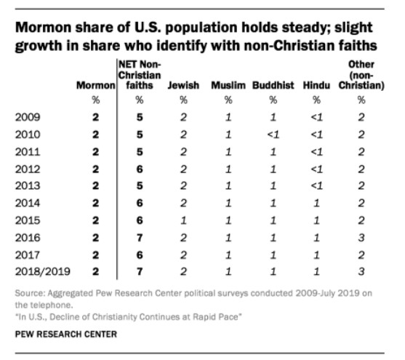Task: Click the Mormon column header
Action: pyautogui.click(x=95, y=85)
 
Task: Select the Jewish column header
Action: pyautogui.click(x=183, y=85)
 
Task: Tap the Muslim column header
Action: pyautogui.click(x=228, y=85)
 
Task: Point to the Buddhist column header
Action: pyautogui.click(x=273, y=85)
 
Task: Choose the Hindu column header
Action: pyautogui.click(x=316, y=85)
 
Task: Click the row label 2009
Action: pyautogui.click(x=28, y=117)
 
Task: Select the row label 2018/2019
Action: pyautogui.click(x=43, y=271)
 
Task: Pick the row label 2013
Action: pyautogui.click(x=28, y=185)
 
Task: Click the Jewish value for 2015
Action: pyautogui.click(x=183, y=220)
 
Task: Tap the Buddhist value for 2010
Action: pyautogui.click(x=273, y=135)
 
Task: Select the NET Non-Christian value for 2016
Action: pyautogui.click(x=140, y=238)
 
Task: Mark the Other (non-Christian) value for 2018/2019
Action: pyautogui.click(x=361, y=271)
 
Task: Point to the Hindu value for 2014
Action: pyautogui.click(x=316, y=203)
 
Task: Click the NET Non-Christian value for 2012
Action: pyautogui.click(x=140, y=169)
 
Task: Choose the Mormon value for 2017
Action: pyautogui.click(x=95, y=255)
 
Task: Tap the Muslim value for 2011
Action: pyautogui.click(x=228, y=152)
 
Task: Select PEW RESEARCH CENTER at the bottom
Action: pyautogui.click(x=66, y=334)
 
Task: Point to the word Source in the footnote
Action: pyautogui.click(x=30, y=293)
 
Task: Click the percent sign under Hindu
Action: pyautogui.click(x=316, y=100)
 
